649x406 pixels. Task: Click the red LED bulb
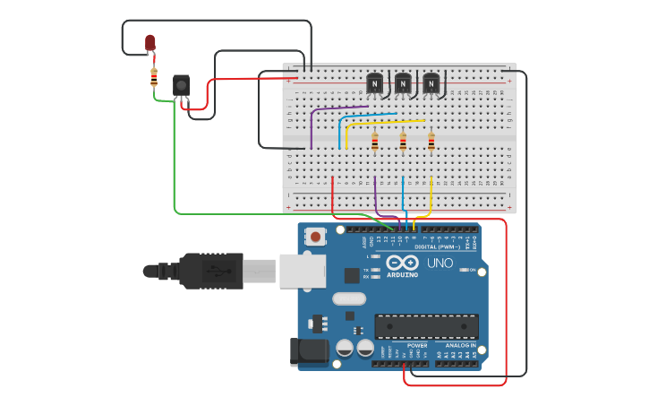click(x=150, y=42)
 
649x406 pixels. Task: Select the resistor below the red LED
click(x=154, y=77)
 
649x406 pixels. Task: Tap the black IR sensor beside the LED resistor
click(x=181, y=86)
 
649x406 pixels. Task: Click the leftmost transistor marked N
click(x=374, y=83)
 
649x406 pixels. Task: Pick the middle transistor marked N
click(x=403, y=83)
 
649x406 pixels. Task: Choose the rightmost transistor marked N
click(x=431, y=83)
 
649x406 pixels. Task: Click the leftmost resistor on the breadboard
click(x=374, y=141)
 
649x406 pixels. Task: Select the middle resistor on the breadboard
click(x=403, y=141)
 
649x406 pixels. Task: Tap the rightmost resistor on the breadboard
click(x=431, y=141)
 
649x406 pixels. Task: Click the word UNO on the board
click(x=439, y=263)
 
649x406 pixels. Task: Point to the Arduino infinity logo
click(x=402, y=263)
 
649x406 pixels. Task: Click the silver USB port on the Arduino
click(x=302, y=271)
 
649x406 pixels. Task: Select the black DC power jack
click(x=305, y=351)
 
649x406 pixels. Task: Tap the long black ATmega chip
click(x=426, y=326)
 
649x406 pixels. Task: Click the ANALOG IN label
click(x=460, y=345)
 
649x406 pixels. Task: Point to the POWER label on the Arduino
click(x=417, y=345)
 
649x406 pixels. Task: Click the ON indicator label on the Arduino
click(x=472, y=270)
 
